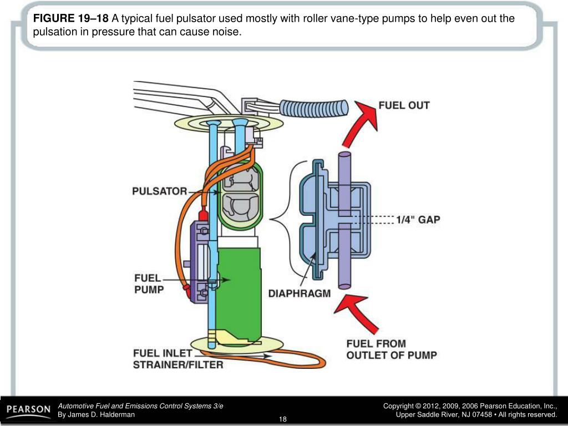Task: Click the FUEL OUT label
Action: tap(404, 105)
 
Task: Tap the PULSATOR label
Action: tap(159, 191)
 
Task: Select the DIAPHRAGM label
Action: tap(300, 293)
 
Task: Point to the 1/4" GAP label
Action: tap(418, 220)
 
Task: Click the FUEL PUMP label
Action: tap(149, 283)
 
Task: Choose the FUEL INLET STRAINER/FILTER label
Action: tap(177, 359)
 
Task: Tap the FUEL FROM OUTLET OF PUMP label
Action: tap(391, 349)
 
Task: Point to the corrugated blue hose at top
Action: tap(313, 106)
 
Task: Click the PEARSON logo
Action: tap(28, 410)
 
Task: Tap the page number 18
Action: tap(283, 418)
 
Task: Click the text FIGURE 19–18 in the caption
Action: tap(70, 18)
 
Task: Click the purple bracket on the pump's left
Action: tap(197, 261)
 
